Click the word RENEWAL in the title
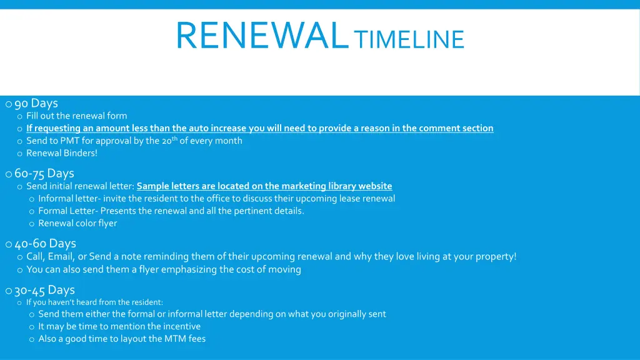click(x=261, y=36)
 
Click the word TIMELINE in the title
click(x=409, y=40)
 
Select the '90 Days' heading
click(x=36, y=103)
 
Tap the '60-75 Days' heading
click(x=44, y=173)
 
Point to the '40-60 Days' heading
click(x=45, y=243)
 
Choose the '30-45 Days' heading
click(x=44, y=290)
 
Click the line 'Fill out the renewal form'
click(x=76, y=116)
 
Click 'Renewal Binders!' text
click(x=62, y=153)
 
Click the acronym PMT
click(x=70, y=141)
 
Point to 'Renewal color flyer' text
click(x=77, y=223)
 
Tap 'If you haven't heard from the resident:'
click(x=94, y=302)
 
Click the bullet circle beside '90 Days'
click(x=8, y=104)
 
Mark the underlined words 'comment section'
click(x=456, y=128)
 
